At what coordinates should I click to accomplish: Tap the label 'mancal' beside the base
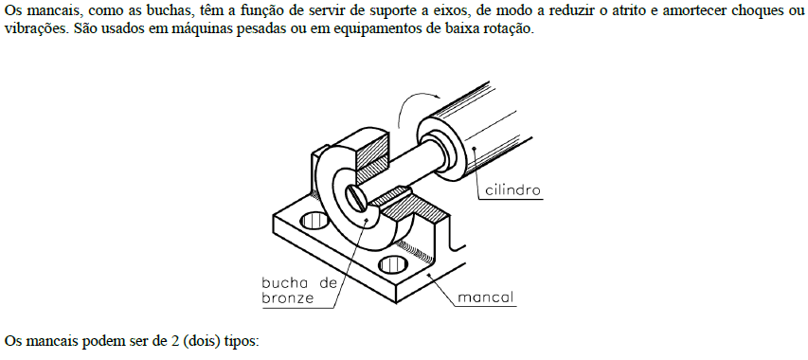click(x=486, y=297)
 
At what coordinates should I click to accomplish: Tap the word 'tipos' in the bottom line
click(x=241, y=339)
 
